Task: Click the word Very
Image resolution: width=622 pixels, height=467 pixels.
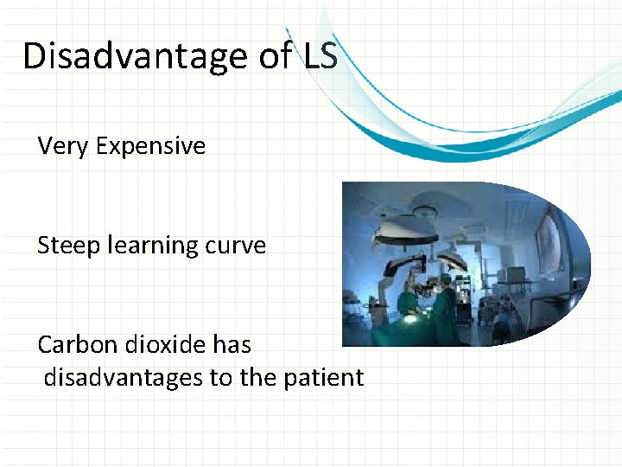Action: click(64, 146)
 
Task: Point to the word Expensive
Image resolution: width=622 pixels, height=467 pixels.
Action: click(151, 146)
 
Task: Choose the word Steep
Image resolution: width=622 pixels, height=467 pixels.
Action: click(67, 246)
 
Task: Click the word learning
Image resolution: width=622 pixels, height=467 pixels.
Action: click(145, 246)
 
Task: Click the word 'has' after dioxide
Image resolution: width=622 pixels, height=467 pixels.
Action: click(232, 344)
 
